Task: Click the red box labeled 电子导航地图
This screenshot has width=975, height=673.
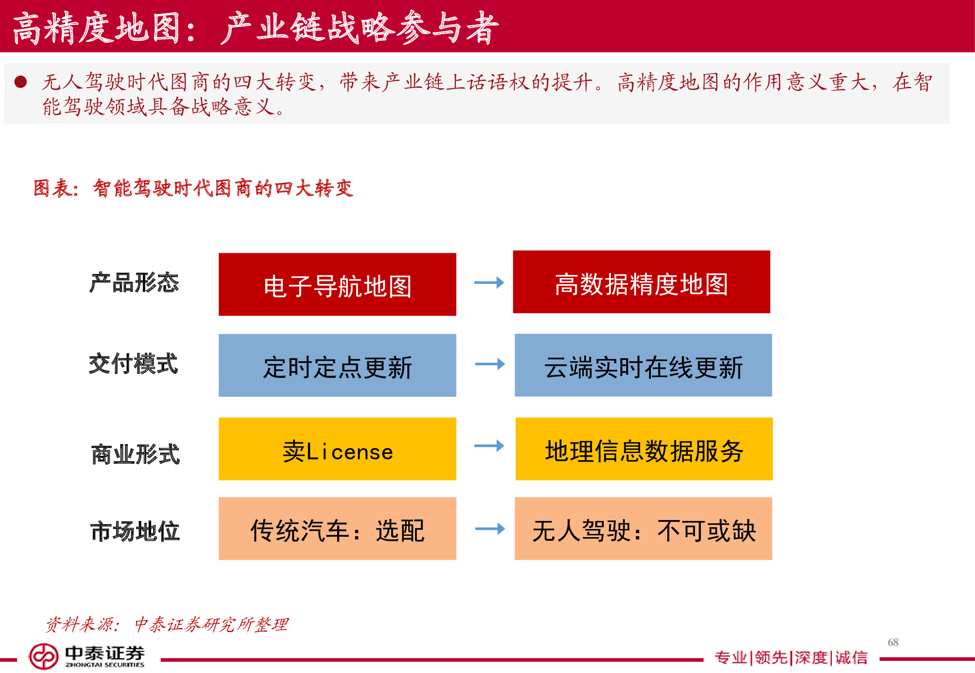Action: tap(337, 284)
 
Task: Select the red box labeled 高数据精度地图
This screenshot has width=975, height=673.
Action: tap(641, 282)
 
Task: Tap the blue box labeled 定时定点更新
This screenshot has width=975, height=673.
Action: tap(337, 365)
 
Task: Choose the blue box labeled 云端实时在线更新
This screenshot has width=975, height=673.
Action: tap(643, 365)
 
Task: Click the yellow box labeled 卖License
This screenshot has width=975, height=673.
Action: tap(337, 449)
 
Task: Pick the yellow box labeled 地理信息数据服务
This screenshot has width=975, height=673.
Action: tap(644, 449)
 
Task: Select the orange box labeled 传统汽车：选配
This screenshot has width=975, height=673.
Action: tap(337, 529)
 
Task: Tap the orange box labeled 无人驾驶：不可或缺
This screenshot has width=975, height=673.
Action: tap(643, 529)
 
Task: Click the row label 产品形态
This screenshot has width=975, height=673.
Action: tap(134, 283)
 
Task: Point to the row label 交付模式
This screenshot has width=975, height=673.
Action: tap(133, 364)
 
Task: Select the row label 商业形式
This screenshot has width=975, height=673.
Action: tap(135, 454)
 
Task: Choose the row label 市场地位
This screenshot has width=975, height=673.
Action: tap(135, 531)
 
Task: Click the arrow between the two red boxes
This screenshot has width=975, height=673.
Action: tap(489, 283)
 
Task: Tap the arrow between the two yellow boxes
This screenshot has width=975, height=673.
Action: tap(489, 446)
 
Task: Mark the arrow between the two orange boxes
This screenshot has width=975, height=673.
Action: tap(490, 529)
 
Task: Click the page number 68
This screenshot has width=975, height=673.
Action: tap(893, 642)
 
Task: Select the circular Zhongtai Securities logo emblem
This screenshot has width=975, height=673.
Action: tap(44, 656)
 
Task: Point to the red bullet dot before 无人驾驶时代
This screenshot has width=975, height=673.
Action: tap(21, 82)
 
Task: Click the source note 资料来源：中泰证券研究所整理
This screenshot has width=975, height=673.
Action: tap(167, 624)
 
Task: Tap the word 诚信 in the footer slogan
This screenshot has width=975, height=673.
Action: tap(851, 658)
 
